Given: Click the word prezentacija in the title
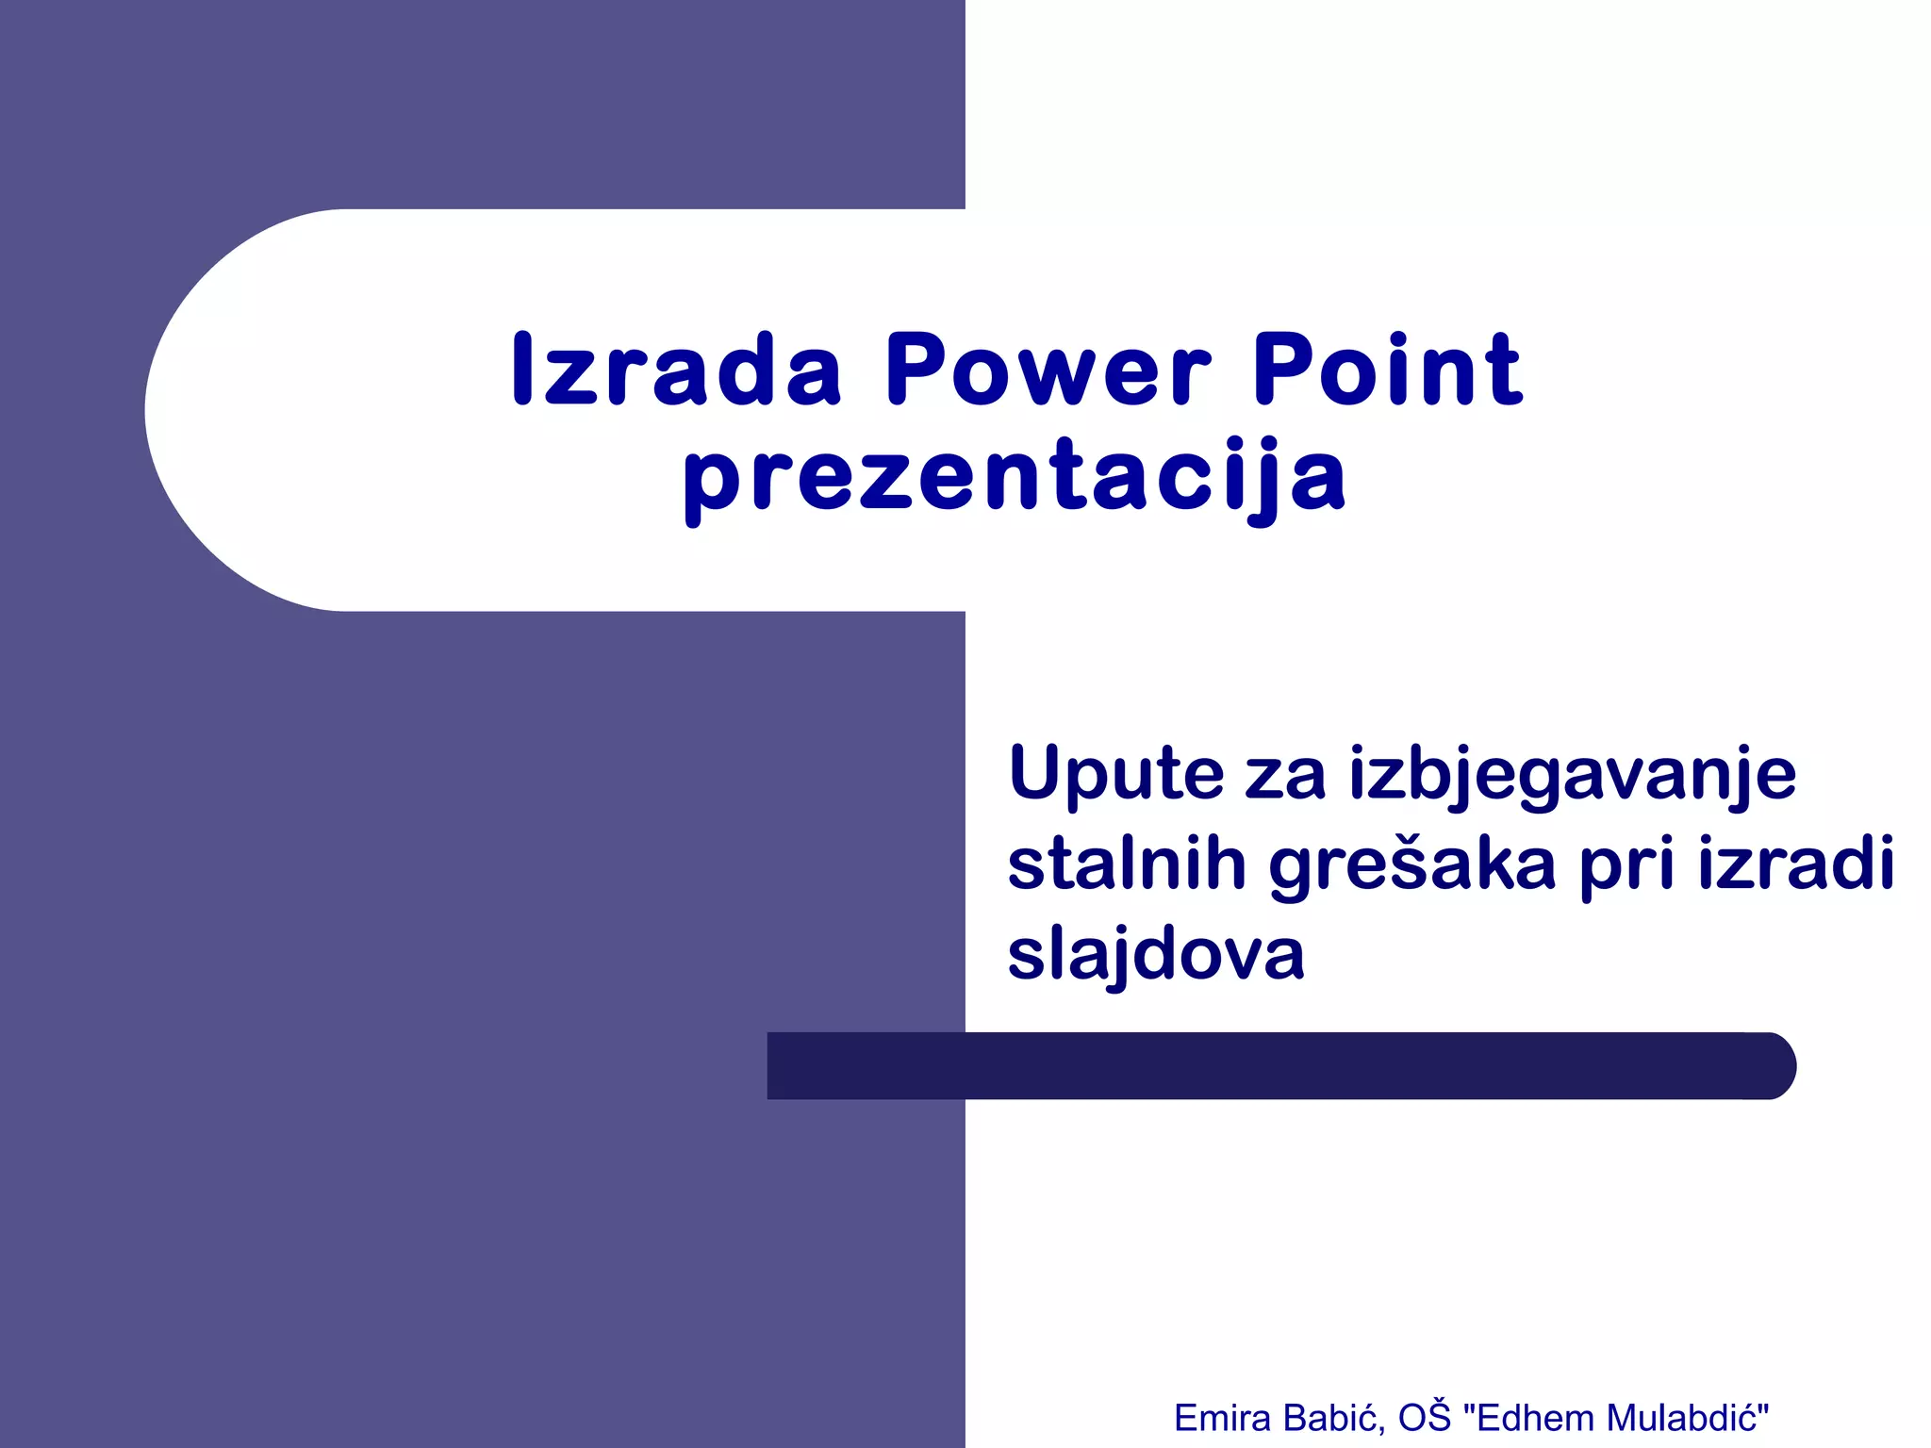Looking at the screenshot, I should pyautogui.click(x=1015, y=477).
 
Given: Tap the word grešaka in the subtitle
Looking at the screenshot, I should pyautogui.click(x=1411, y=864).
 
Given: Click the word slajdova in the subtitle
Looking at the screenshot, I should pyautogui.click(x=1156, y=954).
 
